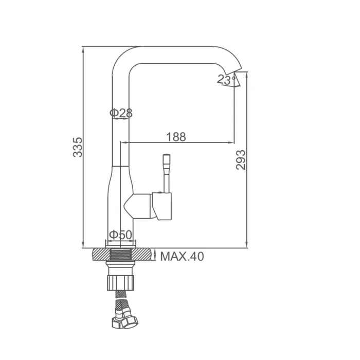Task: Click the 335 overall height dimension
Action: [78, 147]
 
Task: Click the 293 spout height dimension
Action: [241, 160]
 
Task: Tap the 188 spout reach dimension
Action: [176, 137]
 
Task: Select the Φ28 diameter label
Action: [121, 113]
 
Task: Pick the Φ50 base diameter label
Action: [120, 235]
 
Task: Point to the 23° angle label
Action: [226, 79]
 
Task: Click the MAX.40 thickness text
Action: [182, 256]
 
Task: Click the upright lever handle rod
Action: [167, 173]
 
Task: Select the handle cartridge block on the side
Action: [161, 206]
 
